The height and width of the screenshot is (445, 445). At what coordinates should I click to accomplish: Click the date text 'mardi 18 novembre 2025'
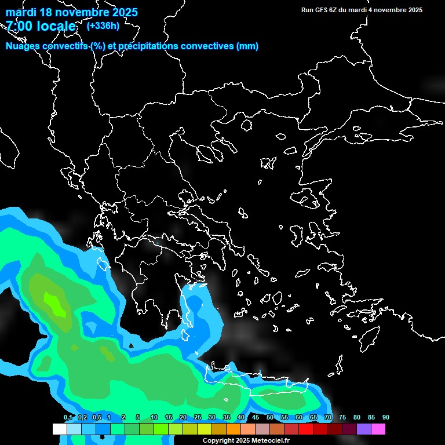[72, 12]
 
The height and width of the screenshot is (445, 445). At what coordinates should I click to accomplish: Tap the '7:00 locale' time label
[41, 26]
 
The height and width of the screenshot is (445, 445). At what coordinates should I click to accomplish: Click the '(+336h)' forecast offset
[103, 25]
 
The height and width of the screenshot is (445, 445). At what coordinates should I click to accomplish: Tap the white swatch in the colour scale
[59, 429]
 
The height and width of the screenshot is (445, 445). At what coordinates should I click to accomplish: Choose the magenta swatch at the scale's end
[378, 429]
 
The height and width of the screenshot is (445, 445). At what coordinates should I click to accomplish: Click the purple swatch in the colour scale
[364, 429]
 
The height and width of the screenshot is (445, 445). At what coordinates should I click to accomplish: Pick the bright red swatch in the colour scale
[306, 429]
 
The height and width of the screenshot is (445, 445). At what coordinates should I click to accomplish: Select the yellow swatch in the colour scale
[204, 429]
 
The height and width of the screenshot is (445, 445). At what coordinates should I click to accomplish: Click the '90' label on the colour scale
[386, 418]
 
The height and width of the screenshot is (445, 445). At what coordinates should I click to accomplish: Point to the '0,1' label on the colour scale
[68, 418]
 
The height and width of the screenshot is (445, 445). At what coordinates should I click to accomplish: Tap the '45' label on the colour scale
[256, 418]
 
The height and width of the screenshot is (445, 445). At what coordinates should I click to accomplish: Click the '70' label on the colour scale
[328, 418]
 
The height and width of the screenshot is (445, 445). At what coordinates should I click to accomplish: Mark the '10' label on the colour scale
[154, 418]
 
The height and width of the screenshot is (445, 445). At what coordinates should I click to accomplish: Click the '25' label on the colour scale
[198, 418]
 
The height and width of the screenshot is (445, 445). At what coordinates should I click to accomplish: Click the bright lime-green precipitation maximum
[54, 304]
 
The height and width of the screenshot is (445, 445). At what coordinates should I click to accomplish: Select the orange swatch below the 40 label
[234, 429]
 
